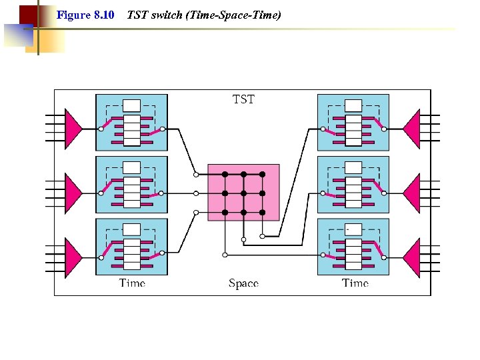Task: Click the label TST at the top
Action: pos(243,99)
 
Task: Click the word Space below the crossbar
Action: pos(243,283)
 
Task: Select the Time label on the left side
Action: pos(132,283)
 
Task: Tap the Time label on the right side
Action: pos(355,283)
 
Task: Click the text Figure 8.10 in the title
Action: pos(85,14)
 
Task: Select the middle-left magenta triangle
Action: pos(72,191)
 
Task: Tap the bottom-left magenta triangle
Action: pos(72,256)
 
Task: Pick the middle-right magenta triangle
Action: pos(413,191)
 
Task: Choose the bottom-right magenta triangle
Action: pos(413,256)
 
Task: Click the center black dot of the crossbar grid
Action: pos(243,193)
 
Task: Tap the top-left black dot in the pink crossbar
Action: pos(225,174)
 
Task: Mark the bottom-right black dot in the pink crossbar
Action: pos(262,213)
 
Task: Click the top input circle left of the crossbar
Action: pos(196,174)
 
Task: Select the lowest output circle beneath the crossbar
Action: pos(225,255)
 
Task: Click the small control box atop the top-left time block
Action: pos(131,105)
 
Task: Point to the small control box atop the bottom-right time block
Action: pos(353,230)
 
